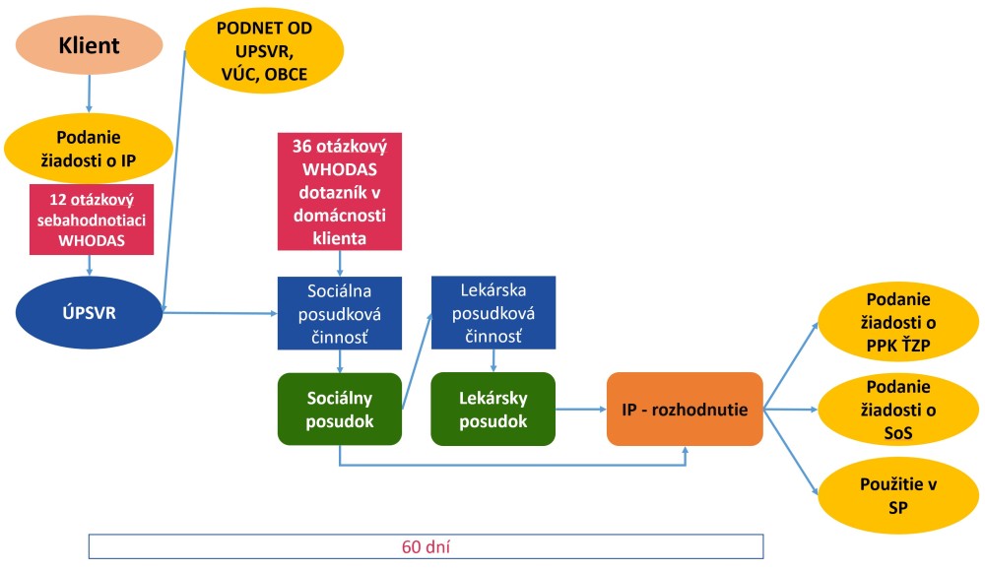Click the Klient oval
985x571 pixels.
(x=90, y=45)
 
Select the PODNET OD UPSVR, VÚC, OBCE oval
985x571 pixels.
(x=265, y=49)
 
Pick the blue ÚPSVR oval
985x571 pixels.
(x=89, y=313)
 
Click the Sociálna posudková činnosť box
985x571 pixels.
(x=340, y=314)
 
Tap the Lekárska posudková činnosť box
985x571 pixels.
(x=492, y=314)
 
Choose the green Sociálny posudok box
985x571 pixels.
(x=340, y=408)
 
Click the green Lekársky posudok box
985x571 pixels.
(x=492, y=408)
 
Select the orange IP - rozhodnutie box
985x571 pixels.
(x=685, y=408)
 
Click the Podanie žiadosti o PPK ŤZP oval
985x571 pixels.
(x=898, y=325)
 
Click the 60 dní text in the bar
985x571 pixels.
(x=427, y=546)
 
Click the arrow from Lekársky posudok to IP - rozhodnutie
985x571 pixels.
(x=580, y=408)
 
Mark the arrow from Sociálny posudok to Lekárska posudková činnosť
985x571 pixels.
(x=417, y=359)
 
